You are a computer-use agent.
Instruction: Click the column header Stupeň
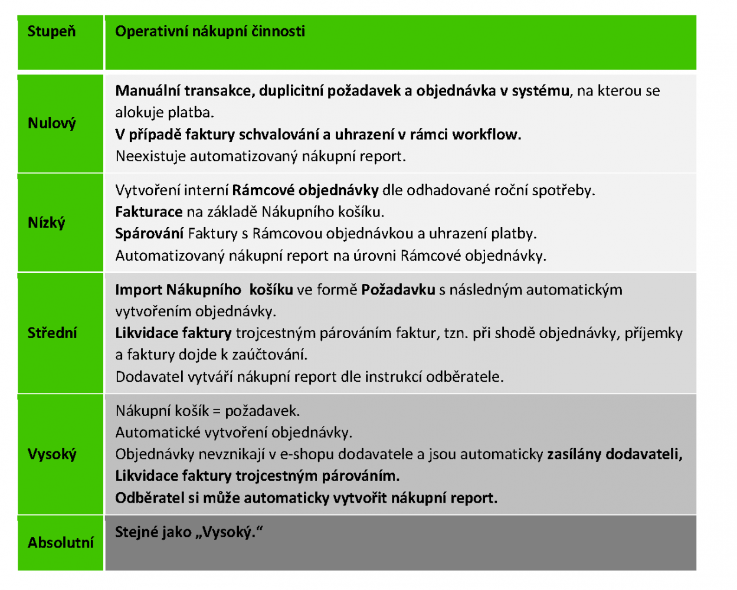[51, 31]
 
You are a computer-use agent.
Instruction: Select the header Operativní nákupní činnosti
[210, 31]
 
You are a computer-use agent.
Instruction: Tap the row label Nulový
[52, 123]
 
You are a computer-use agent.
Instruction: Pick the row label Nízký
[47, 223]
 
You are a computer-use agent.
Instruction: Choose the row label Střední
[53, 333]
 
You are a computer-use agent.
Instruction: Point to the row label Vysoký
[52, 454]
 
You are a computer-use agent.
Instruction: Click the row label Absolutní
[61, 543]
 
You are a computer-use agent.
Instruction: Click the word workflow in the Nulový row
[486, 135]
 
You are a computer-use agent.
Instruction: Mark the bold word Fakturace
[149, 212]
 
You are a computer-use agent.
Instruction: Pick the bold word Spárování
[149, 234]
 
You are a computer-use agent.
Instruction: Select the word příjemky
[653, 333]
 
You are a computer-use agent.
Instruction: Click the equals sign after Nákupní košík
[217, 411]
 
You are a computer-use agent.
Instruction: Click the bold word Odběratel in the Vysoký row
[149, 498]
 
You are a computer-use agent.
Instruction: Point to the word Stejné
[136, 532]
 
